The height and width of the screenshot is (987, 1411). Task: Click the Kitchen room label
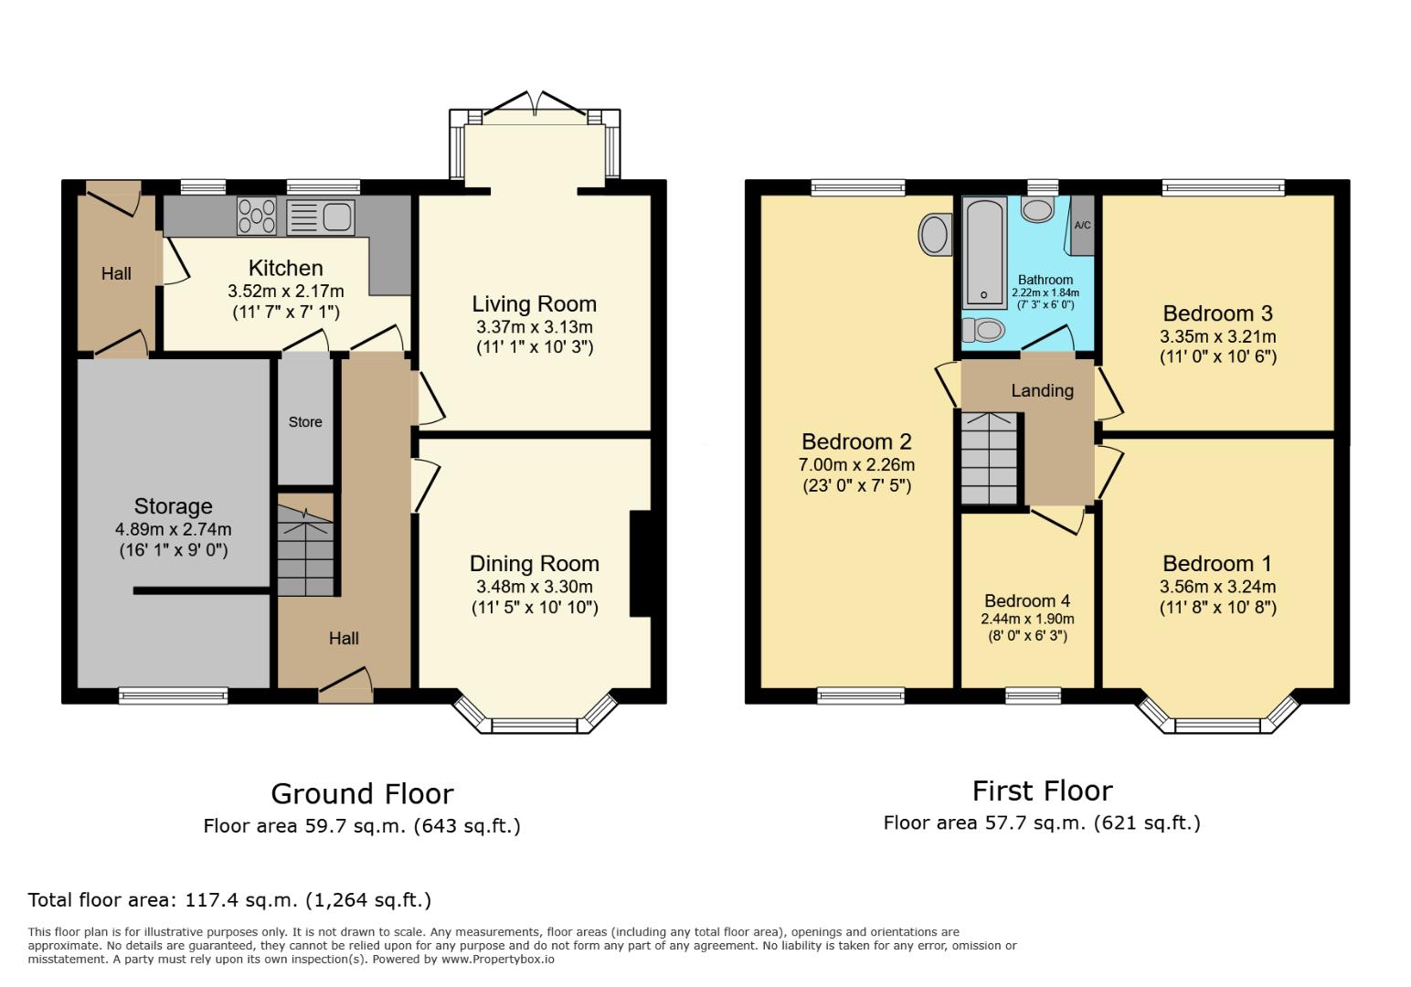pos(285,268)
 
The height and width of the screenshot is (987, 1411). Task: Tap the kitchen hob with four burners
pos(257,218)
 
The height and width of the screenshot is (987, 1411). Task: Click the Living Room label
pos(534,304)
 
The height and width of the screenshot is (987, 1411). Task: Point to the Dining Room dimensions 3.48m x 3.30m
pos(534,587)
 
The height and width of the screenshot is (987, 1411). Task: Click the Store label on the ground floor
pos(305,422)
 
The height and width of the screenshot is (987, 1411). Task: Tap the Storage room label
pos(173,506)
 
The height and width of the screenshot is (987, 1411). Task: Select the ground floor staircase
pos(305,548)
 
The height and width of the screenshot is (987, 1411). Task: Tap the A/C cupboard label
pos(1082,226)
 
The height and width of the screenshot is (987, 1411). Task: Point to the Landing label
pos(1042,390)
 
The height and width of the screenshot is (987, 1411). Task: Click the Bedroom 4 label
pos(1027,600)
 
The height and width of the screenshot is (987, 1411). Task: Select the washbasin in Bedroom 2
pos(933,235)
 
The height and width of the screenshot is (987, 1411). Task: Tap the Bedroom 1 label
pos(1217,563)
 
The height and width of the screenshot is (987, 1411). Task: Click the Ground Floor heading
pos(362,793)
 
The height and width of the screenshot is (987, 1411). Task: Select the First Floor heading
pos(1042,791)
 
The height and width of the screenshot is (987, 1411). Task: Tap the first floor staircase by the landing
pos(989,458)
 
